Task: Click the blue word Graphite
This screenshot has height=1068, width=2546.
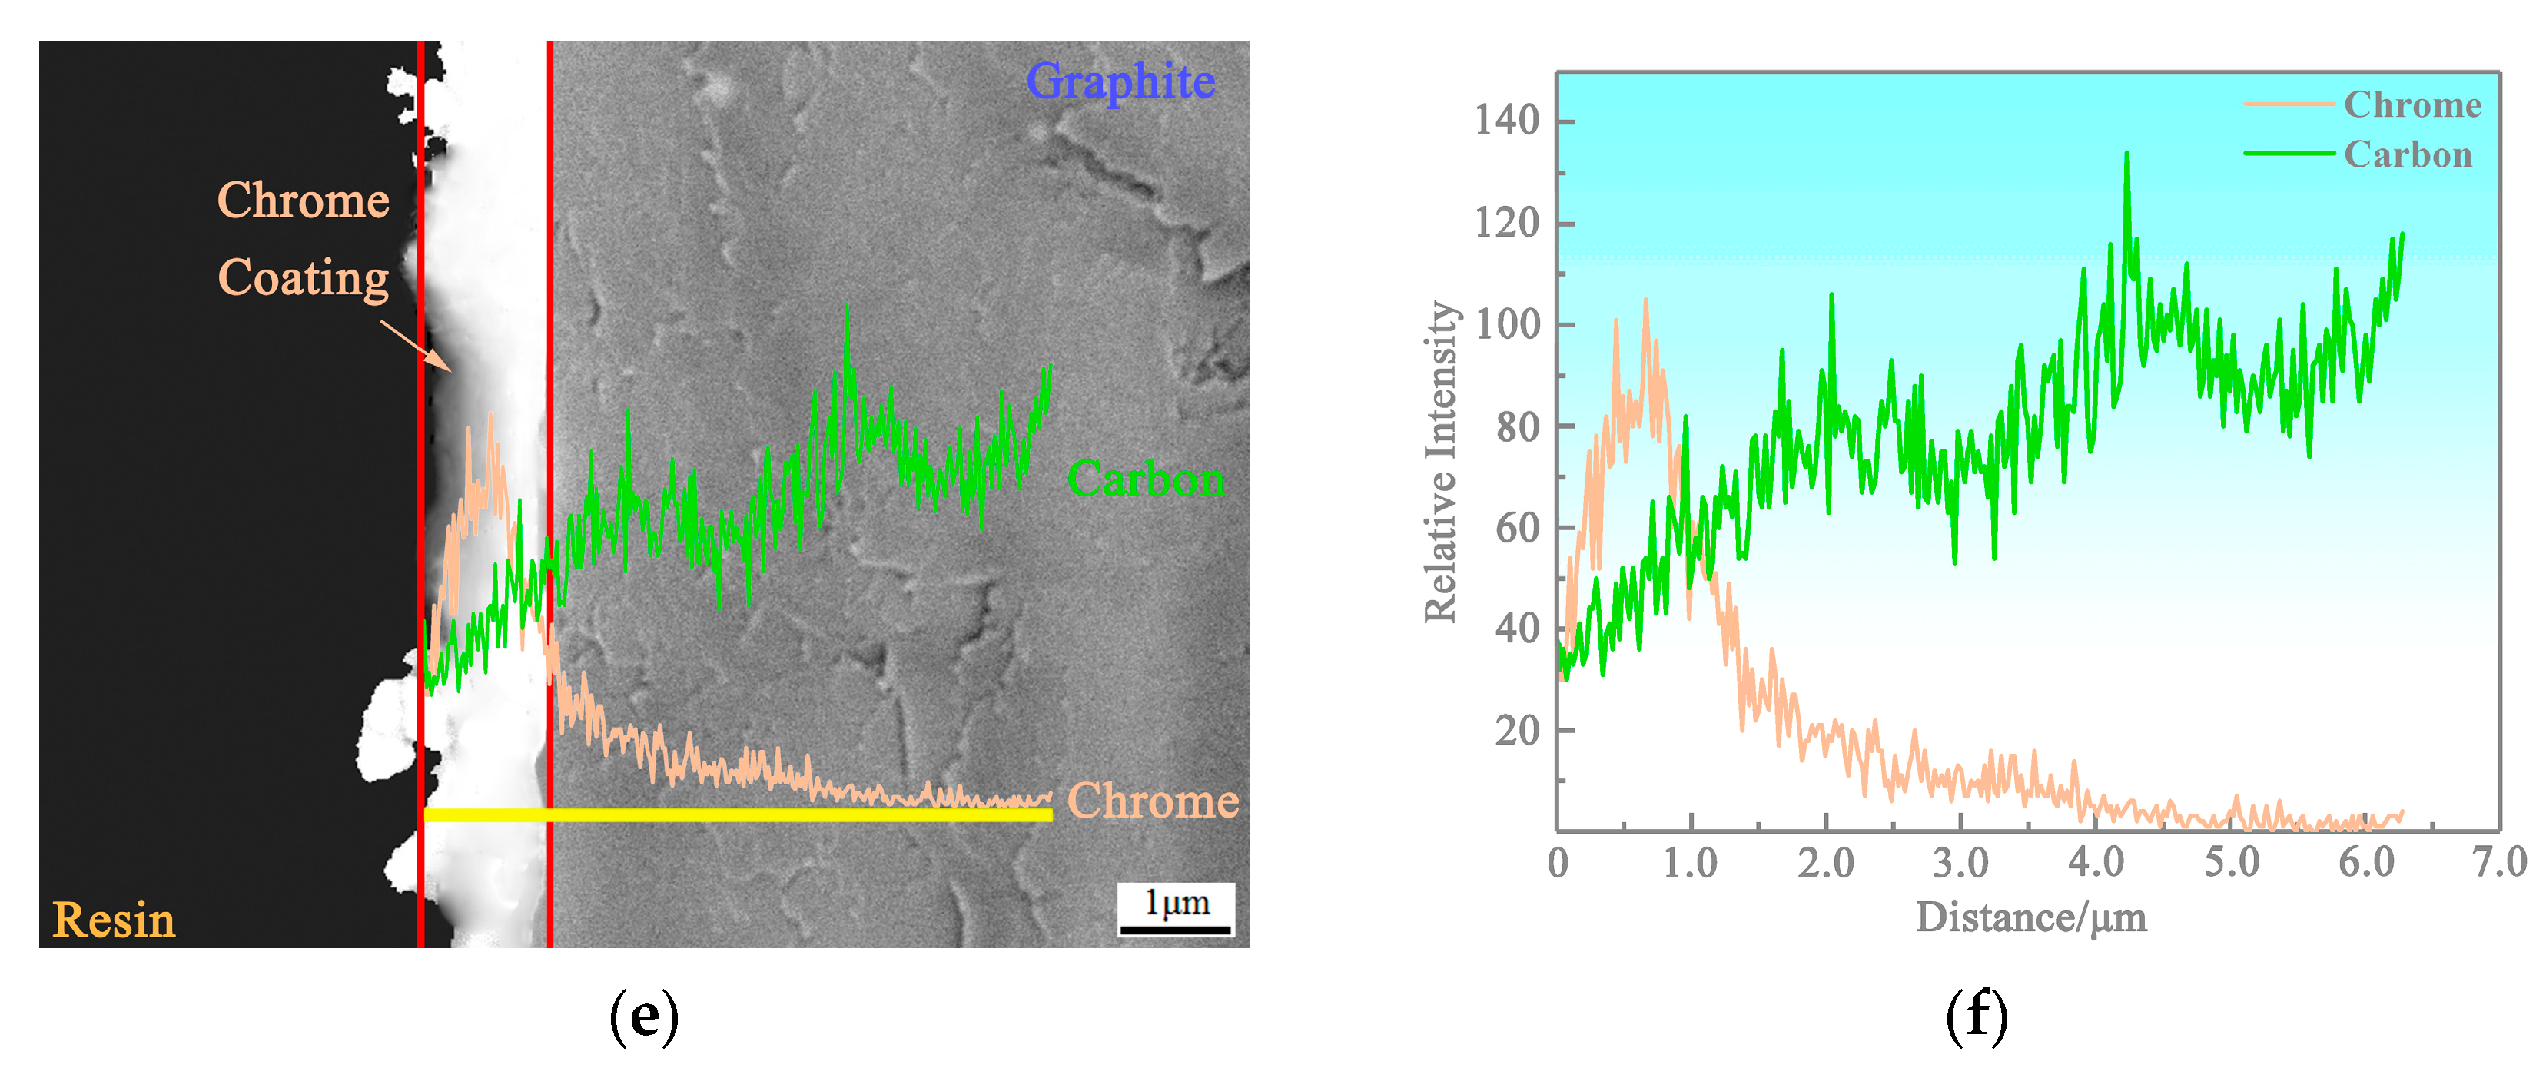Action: click(1120, 81)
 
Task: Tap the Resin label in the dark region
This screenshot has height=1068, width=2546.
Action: click(114, 920)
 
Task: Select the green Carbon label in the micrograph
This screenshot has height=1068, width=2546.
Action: click(1144, 479)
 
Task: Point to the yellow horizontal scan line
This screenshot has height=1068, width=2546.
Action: click(736, 815)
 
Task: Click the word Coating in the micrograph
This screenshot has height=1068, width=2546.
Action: click(304, 277)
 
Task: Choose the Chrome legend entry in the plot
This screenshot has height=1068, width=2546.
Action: click(2412, 104)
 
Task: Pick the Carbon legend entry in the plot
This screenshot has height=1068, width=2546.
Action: click(2407, 155)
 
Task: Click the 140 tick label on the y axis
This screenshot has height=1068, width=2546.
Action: click(1506, 121)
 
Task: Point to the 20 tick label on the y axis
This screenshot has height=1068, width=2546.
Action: click(1516, 731)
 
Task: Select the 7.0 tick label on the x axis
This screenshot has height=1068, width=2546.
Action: click(2498, 863)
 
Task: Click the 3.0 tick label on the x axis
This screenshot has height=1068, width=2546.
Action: click(1960, 863)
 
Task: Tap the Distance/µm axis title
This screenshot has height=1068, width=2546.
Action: click(2031, 918)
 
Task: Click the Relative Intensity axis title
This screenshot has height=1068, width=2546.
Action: click(1441, 461)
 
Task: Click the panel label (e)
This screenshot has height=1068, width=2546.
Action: click(643, 1017)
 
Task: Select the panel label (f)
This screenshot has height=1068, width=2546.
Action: click(1977, 1017)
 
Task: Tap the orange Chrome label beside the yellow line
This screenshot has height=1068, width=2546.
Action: click(1153, 801)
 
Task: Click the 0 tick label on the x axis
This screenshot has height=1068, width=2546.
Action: click(1558, 863)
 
